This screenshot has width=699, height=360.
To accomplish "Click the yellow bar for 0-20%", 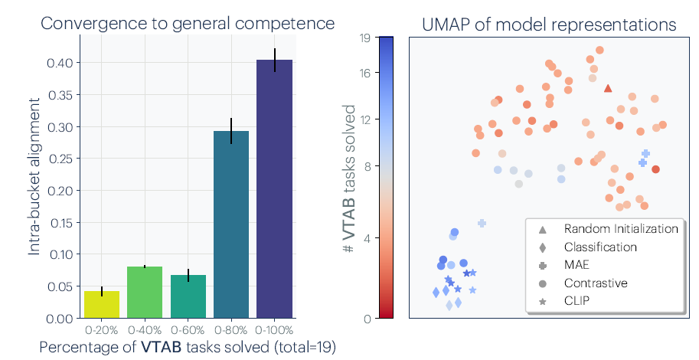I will tap(102, 304).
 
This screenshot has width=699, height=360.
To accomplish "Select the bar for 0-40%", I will tap(145, 292).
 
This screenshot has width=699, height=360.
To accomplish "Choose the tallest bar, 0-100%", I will tap(275, 188).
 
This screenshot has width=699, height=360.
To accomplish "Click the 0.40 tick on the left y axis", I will tap(60, 63).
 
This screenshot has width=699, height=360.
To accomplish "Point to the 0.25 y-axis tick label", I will tap(60, 159).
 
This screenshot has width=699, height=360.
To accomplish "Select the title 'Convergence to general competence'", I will tap(188, 23).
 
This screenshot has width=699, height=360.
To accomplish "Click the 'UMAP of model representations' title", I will tap(549, 25).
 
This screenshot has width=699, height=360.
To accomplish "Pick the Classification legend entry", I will tap(600, 247).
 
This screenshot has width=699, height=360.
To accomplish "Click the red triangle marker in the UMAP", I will tap(608, 88).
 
